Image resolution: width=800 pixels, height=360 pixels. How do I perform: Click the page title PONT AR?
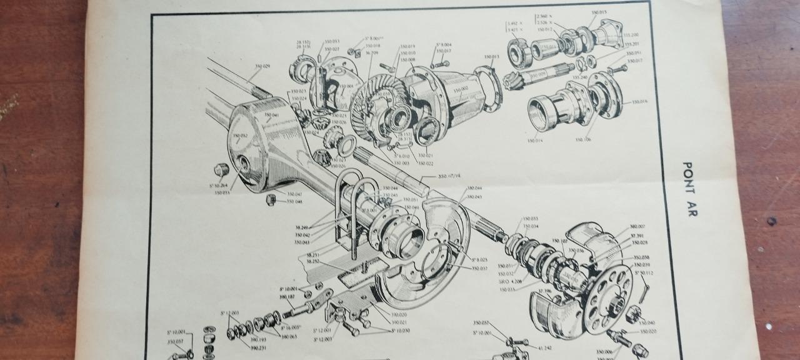tap(688, 189)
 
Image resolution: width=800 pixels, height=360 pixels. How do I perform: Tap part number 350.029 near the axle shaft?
tap(262, 66)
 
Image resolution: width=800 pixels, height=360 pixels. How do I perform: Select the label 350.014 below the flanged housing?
tap(536, 141)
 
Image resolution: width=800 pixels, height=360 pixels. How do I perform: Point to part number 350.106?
tap(583, 140)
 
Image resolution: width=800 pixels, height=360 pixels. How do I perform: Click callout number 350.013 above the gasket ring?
tap(491, 57)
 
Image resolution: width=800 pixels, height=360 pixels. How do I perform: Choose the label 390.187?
tap(286, 296)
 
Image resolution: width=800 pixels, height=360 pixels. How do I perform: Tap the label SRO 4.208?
tap(511, 281)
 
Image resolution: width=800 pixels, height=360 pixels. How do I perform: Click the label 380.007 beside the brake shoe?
tap(637, 226)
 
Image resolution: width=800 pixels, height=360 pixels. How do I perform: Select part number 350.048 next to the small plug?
tap(294, 202)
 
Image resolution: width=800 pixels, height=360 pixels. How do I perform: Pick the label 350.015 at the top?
tap(599, 12)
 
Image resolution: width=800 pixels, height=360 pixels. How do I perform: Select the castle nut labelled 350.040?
tap(632, 313)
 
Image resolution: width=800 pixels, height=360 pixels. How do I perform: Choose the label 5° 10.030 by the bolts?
tap(401, 331)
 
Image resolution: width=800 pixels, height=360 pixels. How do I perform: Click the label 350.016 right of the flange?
tap(639, 101)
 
